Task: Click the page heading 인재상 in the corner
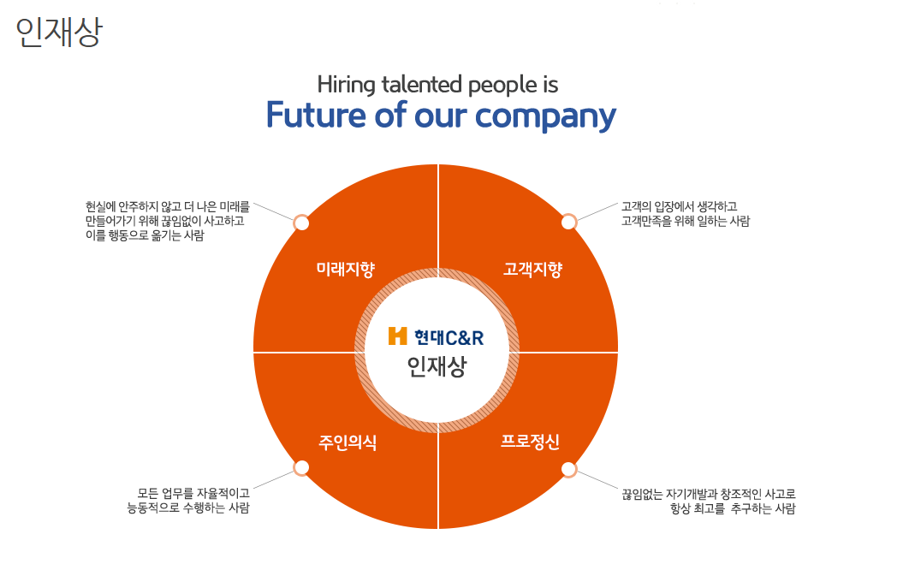pyautogui.click(x=59, y=32)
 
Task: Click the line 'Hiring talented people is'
pyautogui.click(x=437, y=85)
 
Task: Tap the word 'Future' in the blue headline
pyautogui.click(x=316, y=115)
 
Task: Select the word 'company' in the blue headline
pyautogui.click(x=546, y=116)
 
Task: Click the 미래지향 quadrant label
pyautogui.click(x=346, y=270)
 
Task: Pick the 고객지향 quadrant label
pyautogui.click(x=532, y=270)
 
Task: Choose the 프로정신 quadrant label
pyautogui.click(x=531, y=442)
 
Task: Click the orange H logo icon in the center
pyautogui.click(x=397, y=335)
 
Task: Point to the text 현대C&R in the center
pyautogui.click(x=449, y=336)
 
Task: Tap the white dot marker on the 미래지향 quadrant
pyautogui.click(x=301, y=223)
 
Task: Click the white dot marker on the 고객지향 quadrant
pyautogui.click(x=568, y=223)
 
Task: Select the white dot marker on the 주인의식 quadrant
pyautogui.click(x=301, y=468)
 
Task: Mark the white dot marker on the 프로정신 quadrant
pyautogui.click(x=568, y=469)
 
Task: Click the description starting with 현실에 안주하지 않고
pyautogui.click(x=168, y=221)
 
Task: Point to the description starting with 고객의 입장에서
pyautogui.click(x=685, y=213)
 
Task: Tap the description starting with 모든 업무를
pyautogui.click(x=189, y=501)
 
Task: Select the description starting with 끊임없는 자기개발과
pyautogui.click(x=709, y=502)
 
